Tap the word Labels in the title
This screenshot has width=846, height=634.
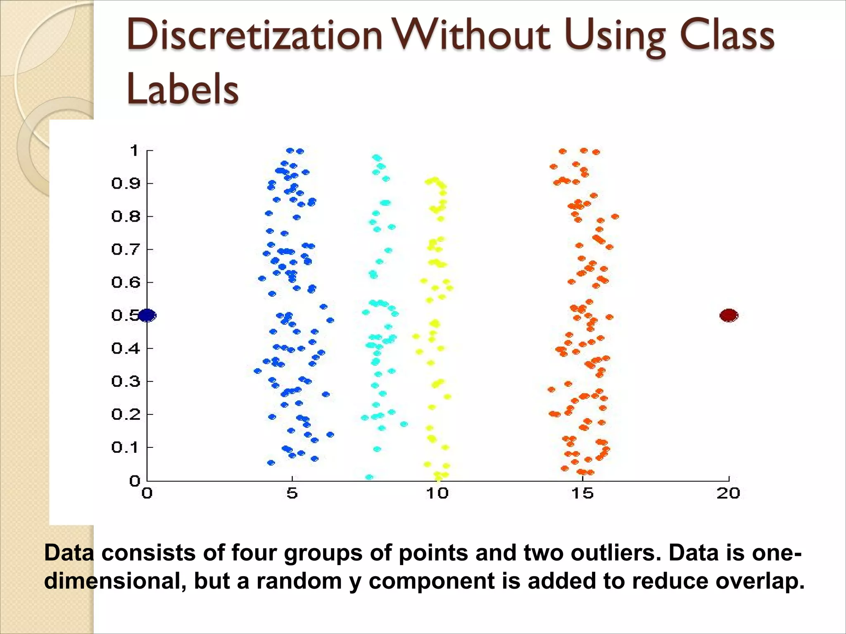(183, 89)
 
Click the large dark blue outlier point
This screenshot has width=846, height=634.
(147, 315)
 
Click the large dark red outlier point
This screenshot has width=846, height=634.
(729, 315)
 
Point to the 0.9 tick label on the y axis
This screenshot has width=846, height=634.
(126, 183)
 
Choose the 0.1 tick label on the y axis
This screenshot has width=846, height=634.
(126, 447)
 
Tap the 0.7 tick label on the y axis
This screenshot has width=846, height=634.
(126, 249)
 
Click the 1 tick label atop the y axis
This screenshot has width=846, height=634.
(134, 151)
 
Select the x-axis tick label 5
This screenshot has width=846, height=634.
(292, 493)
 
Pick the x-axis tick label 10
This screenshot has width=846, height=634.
(437, 493)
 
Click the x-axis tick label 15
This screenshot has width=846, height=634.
(582, 493)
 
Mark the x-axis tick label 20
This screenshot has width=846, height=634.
(728, 493)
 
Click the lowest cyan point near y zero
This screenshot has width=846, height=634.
(369, 477)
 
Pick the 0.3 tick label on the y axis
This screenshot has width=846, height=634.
(126, 381)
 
